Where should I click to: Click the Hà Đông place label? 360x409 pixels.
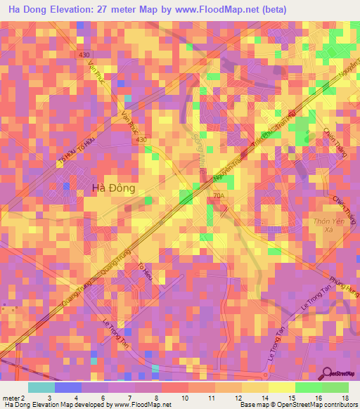coord(114,188)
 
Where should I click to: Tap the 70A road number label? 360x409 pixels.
coord(218,196)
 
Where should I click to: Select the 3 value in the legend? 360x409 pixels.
coord(49,398)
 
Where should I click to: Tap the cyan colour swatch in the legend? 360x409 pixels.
coord(41,387)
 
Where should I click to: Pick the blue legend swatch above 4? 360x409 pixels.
coord(67,387)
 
